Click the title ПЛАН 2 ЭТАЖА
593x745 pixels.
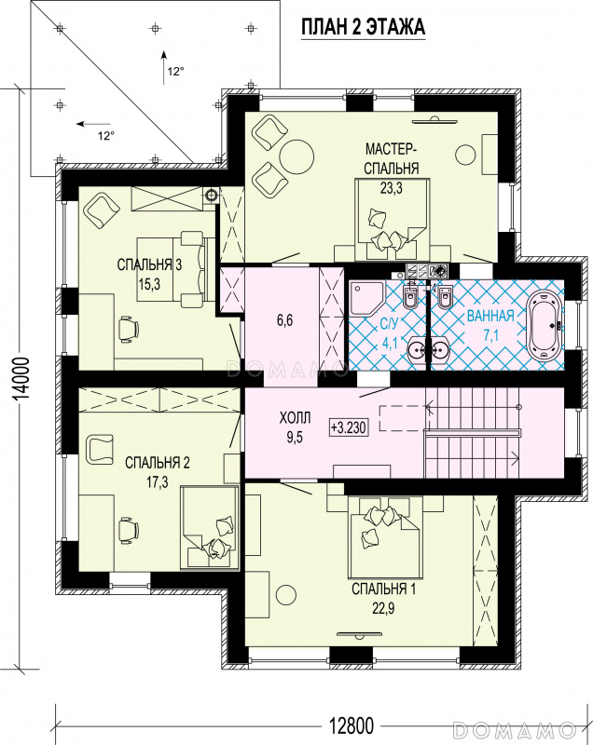point(364,27)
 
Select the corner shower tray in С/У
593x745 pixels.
point(366,297)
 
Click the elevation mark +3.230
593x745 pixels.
point(349,427)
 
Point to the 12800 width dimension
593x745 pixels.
point(352,725)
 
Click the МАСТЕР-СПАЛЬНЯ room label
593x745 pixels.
point(392,158)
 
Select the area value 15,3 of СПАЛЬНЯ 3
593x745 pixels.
point(149,284)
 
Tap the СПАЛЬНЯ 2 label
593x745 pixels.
point(158,463)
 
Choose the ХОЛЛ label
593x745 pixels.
point(295,418)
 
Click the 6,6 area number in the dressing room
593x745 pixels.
point(285,320)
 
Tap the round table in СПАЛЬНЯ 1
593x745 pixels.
point(286,595)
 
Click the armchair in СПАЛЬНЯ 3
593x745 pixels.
point(101,209)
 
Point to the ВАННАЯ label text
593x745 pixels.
point(490,316)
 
